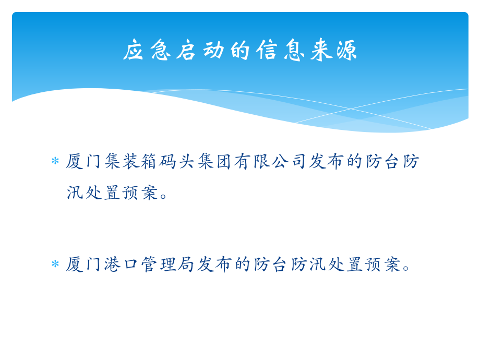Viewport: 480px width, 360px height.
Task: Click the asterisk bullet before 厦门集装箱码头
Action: [x=55, y=162]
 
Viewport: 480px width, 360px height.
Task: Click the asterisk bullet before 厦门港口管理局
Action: [x=55, y=265]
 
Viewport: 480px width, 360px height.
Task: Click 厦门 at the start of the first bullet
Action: [x=85, y=161]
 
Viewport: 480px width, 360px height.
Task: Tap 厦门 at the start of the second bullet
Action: [x=85, y=265]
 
